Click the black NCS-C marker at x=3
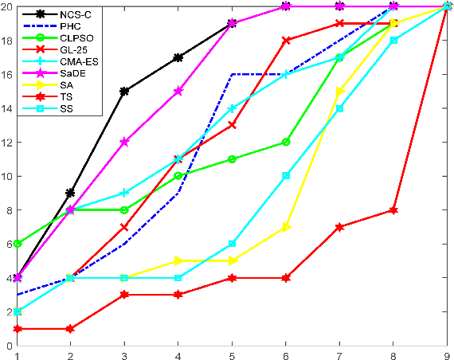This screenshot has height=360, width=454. click(124, 92)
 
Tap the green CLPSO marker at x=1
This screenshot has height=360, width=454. click(17, 244)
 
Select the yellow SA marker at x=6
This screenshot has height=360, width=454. click(287, 227)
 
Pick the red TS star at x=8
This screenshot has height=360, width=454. click(393, 210)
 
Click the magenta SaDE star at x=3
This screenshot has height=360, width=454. click(124, 142)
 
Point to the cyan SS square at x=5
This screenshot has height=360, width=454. click(233, 244)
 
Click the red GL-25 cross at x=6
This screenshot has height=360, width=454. click(287, 41)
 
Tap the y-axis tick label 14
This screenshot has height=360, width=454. click(6, 108)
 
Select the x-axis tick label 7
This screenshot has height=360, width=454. click(339, 353)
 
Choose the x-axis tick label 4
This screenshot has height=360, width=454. click(178, 353)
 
